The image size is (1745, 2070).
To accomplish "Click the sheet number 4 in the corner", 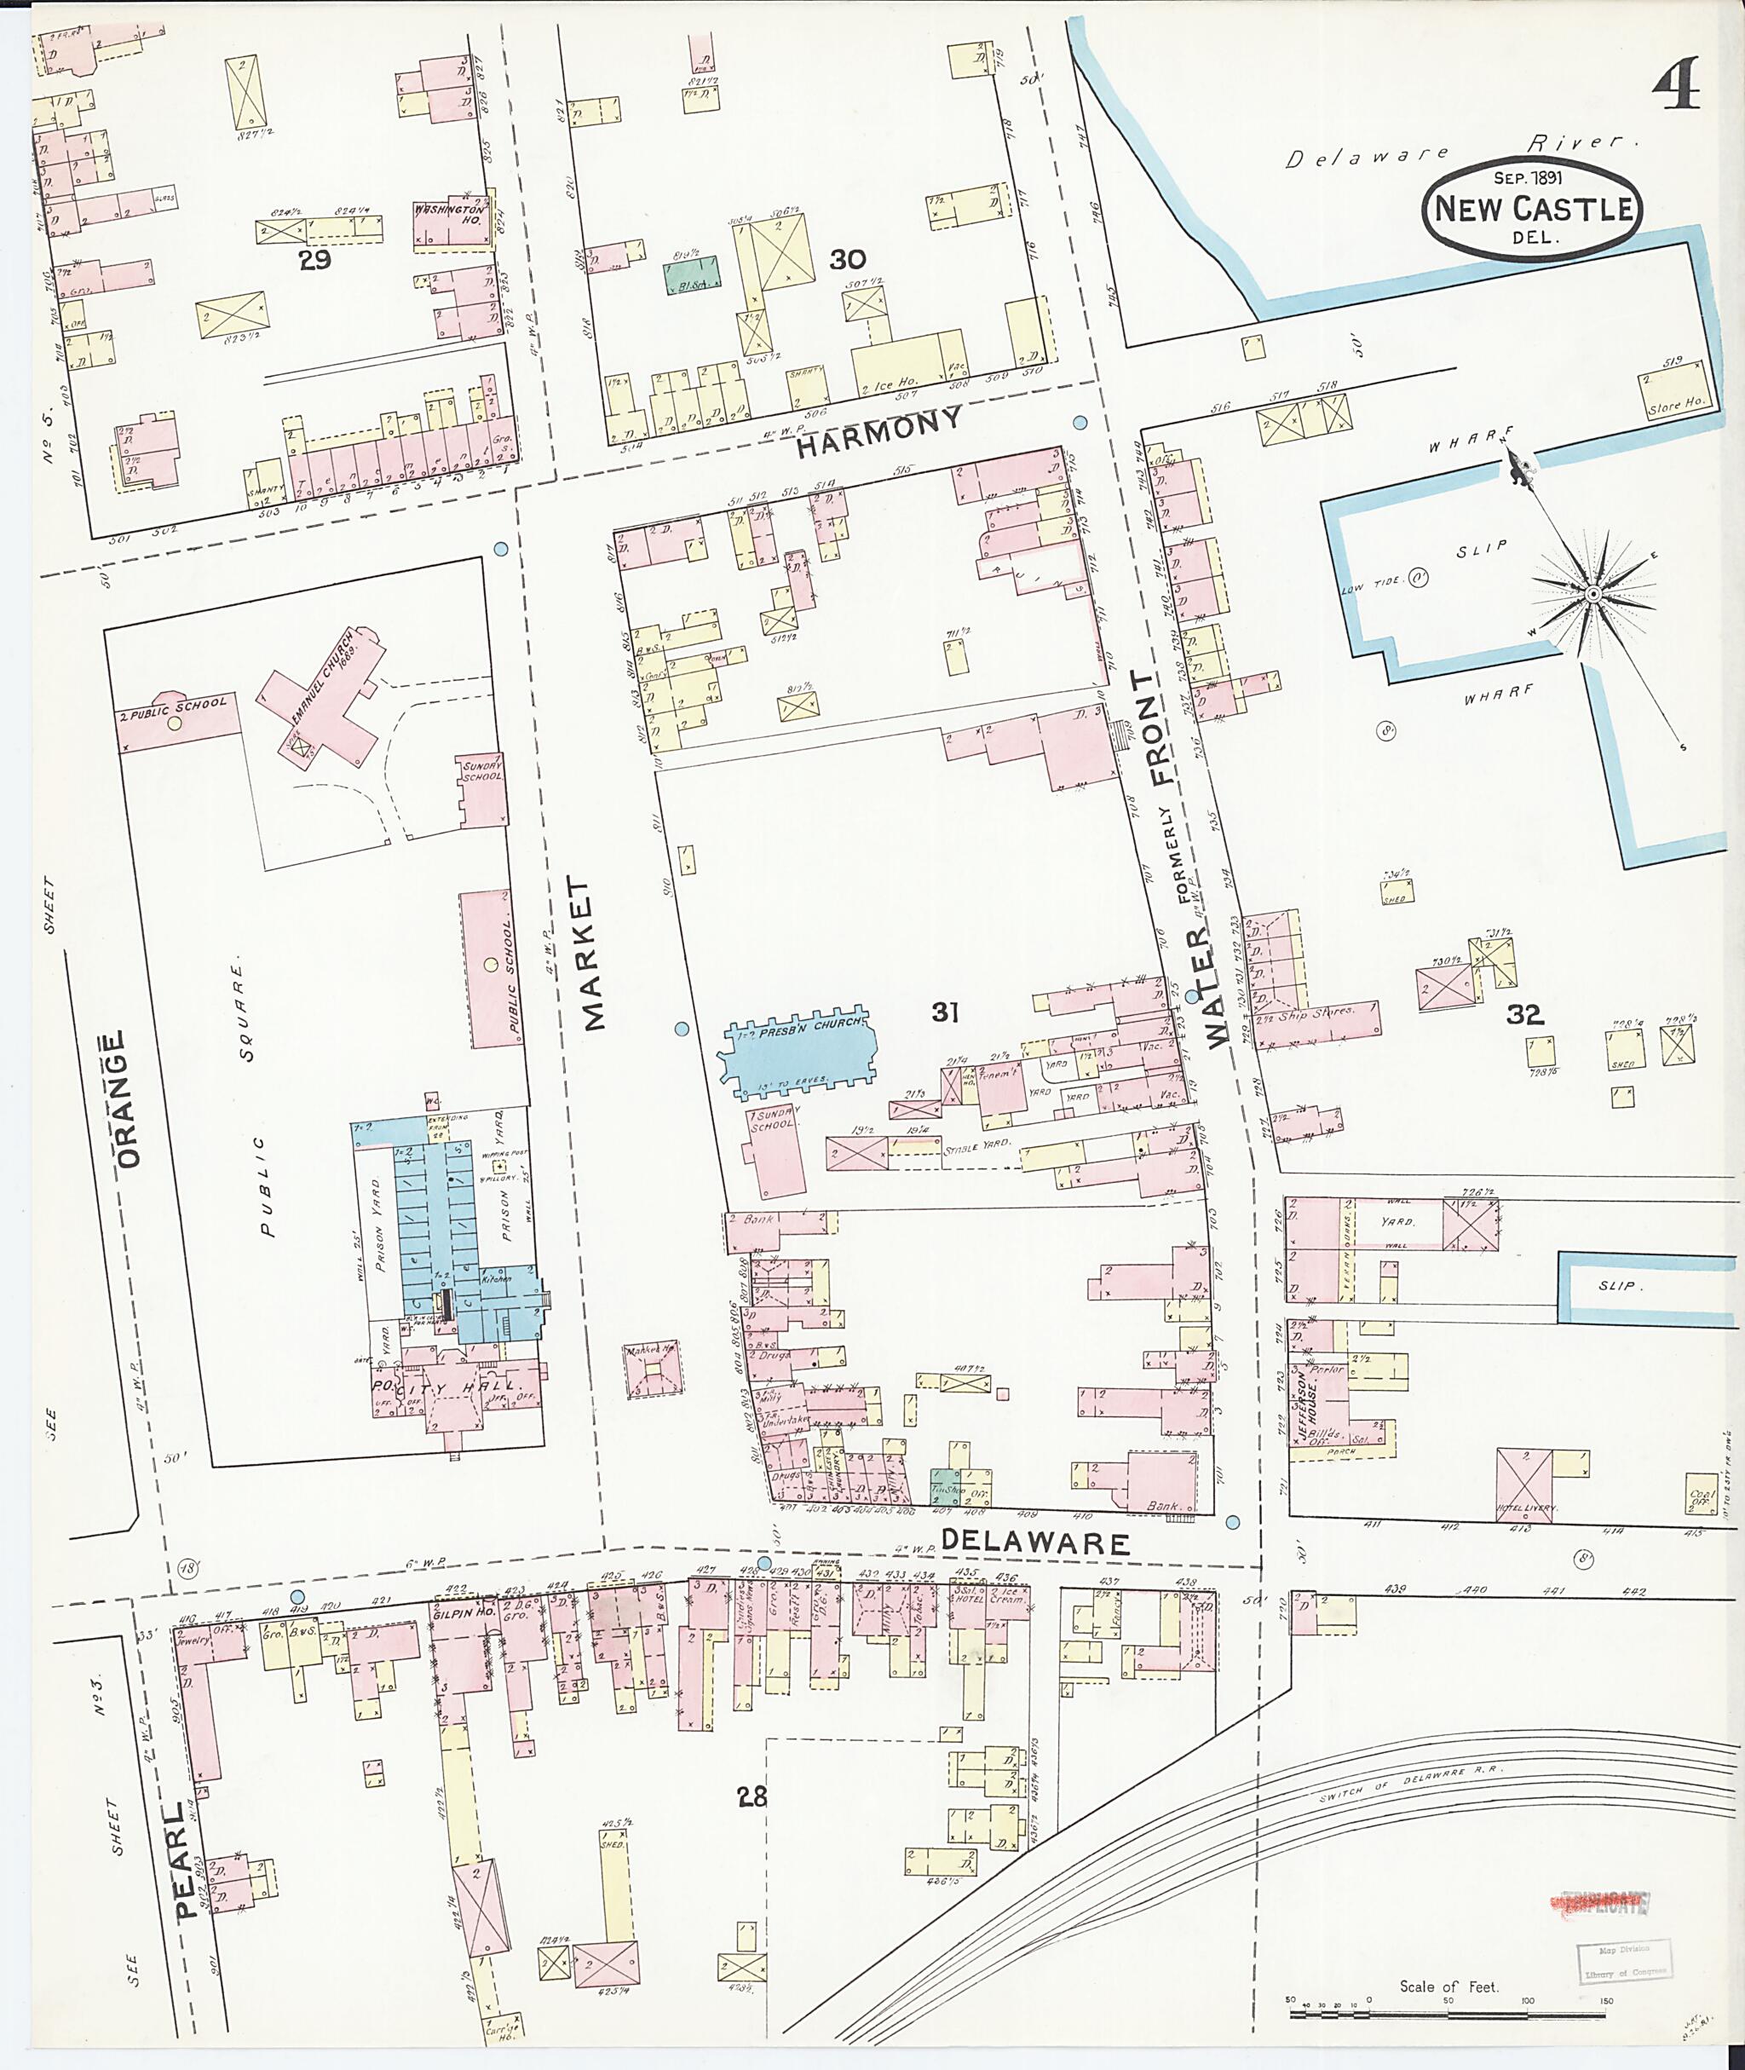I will click(x=1676, y=85).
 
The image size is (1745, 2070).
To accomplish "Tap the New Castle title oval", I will click(x=1531, y=209).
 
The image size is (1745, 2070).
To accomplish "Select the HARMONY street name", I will click(x=878, y=432).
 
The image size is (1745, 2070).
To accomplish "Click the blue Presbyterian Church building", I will click(x=800, y=1055).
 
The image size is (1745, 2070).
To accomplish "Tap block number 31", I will click(x=945, y=1012).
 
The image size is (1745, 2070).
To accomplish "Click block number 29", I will click(x=314, y=260).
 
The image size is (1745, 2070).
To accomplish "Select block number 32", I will click(x=1524, y=1013).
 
